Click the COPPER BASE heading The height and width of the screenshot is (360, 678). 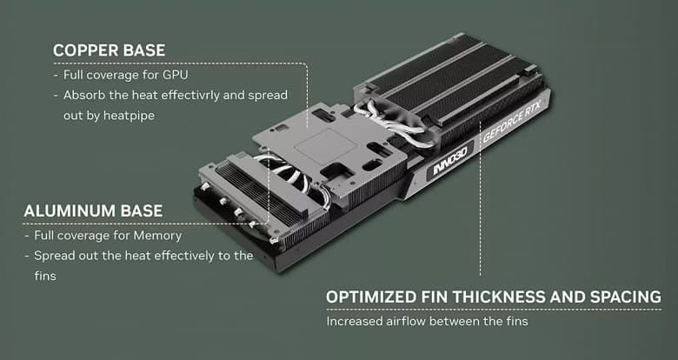click(109, 50)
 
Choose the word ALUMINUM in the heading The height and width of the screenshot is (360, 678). click(69, 211)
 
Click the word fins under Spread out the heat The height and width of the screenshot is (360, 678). click(46, 276)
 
